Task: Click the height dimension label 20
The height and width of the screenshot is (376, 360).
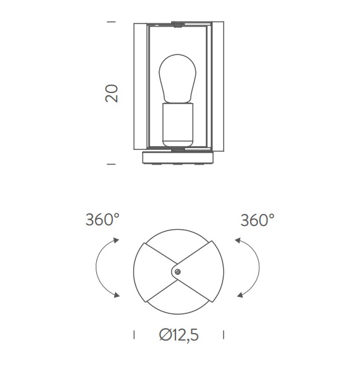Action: tap(112, 93)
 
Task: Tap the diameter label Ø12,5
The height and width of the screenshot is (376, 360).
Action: tap(179, 335)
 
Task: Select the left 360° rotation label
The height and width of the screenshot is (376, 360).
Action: tap(103, 220)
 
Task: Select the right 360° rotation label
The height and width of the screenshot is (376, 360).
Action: tap(257, 220)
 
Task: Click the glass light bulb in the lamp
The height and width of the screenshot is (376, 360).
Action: tap(177, 78)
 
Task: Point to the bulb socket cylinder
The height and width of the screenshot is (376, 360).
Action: tap(177, 125)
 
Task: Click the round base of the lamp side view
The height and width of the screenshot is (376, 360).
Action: tap(178, 158)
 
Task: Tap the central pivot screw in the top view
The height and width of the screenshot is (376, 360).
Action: tap(177, 272)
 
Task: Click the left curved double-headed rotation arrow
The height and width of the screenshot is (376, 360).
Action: tap(96, 267)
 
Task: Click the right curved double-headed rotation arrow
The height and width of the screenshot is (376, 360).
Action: tap(259, 267)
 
